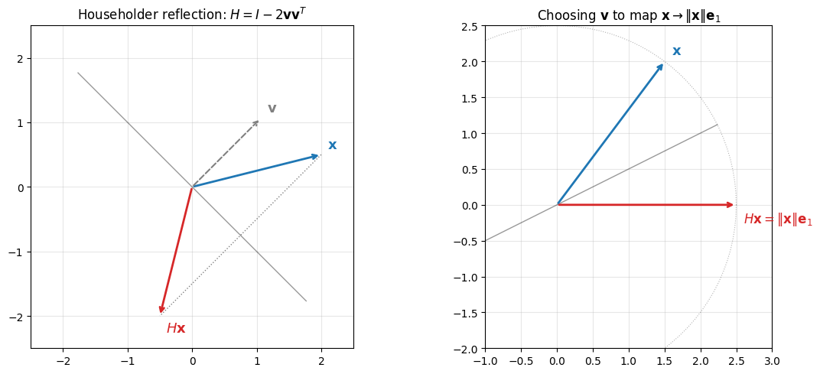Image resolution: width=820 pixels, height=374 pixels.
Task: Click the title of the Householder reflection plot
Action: click(x=193, y=14)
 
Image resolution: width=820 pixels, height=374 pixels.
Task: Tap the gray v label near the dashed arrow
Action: click(x=272, y=109)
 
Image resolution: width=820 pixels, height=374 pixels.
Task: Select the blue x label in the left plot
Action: click(x=333, y=145)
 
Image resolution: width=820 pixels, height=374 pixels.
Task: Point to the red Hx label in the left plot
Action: click(x=176, y=328)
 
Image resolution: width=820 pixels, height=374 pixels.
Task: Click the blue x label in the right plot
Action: click(x=677, y=51)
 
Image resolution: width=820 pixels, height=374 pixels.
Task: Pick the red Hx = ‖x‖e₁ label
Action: click(x=778, y=220)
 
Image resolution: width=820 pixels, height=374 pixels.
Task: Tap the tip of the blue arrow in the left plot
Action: click(x=318, y=155)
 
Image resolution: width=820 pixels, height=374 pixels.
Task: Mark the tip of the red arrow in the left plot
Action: click(x=161, y=314)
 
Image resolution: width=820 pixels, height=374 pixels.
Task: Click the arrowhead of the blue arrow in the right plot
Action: click(x=664, y=63)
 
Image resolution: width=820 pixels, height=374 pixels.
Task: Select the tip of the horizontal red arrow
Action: click(x=734, y=204)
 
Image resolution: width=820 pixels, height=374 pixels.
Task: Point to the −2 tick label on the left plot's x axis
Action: click(x=63, y=362)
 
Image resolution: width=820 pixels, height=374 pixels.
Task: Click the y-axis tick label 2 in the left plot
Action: click(x=21, y=59)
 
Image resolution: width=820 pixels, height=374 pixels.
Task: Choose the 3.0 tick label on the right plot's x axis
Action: click(x=772, y=362)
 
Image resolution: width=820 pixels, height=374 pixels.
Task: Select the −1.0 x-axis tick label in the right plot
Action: click(x=485, y=362)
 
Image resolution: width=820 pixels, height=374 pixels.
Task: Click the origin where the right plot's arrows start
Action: click(x=557, y=204)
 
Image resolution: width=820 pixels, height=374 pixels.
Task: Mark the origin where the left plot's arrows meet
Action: click(x=193, y=187)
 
